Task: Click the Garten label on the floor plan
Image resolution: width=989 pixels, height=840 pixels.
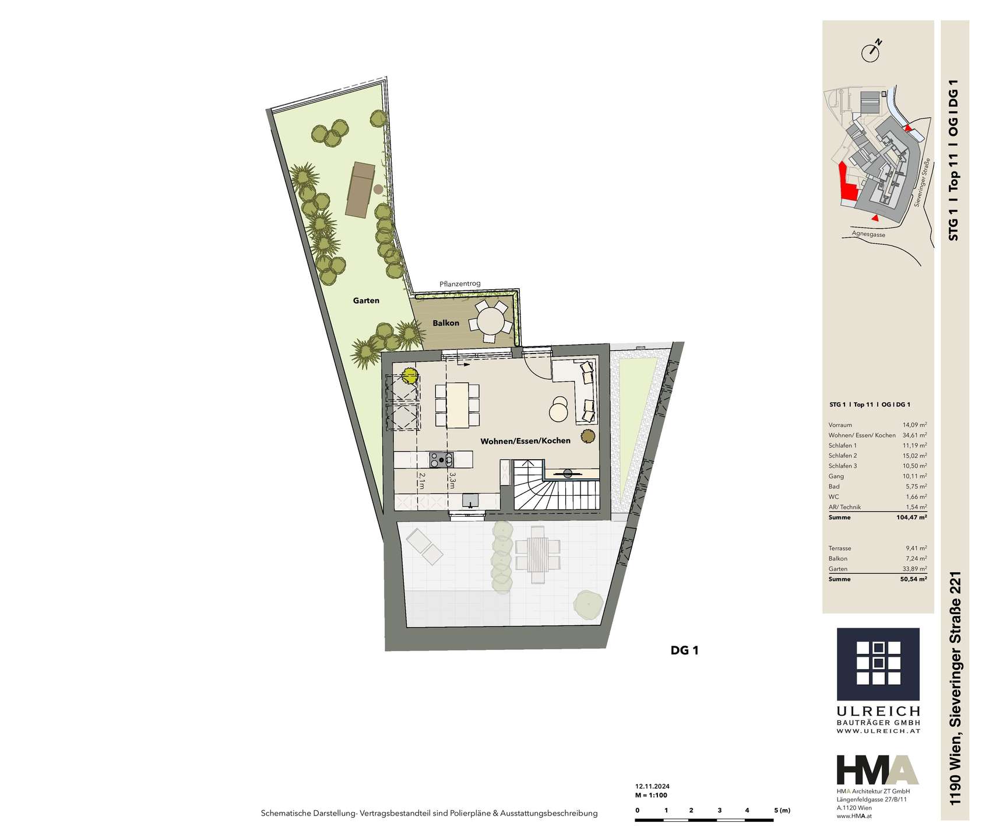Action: (x=366, y=300)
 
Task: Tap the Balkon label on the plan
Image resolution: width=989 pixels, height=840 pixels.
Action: (x=446, y=323)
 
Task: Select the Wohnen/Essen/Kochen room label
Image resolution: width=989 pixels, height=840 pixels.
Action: (x=525, y=440)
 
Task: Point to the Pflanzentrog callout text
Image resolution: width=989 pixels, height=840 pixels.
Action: (x=460, y=284)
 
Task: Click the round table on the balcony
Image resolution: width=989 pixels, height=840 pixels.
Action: (x=490, y=320)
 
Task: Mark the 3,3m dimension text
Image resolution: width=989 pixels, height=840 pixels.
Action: (x=452, y=480)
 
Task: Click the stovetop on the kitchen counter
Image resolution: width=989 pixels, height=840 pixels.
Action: (x=441, y=460)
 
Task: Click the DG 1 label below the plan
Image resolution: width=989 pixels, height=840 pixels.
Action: (x=684, y=650)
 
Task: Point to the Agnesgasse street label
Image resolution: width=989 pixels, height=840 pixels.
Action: (x=868, y=234)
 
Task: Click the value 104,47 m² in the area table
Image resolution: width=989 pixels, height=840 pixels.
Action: (x=913, y=517)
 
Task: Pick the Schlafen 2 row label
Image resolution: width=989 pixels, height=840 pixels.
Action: (x=843, y=456)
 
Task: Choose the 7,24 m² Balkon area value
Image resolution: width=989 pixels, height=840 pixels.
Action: (x=915, y=559)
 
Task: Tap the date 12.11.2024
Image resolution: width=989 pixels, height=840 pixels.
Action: (x=652, y=786)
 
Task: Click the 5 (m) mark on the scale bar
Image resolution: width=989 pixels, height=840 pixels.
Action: (x=782, y=810)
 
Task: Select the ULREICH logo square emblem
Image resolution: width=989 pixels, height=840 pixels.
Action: (x=878, y=664)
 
